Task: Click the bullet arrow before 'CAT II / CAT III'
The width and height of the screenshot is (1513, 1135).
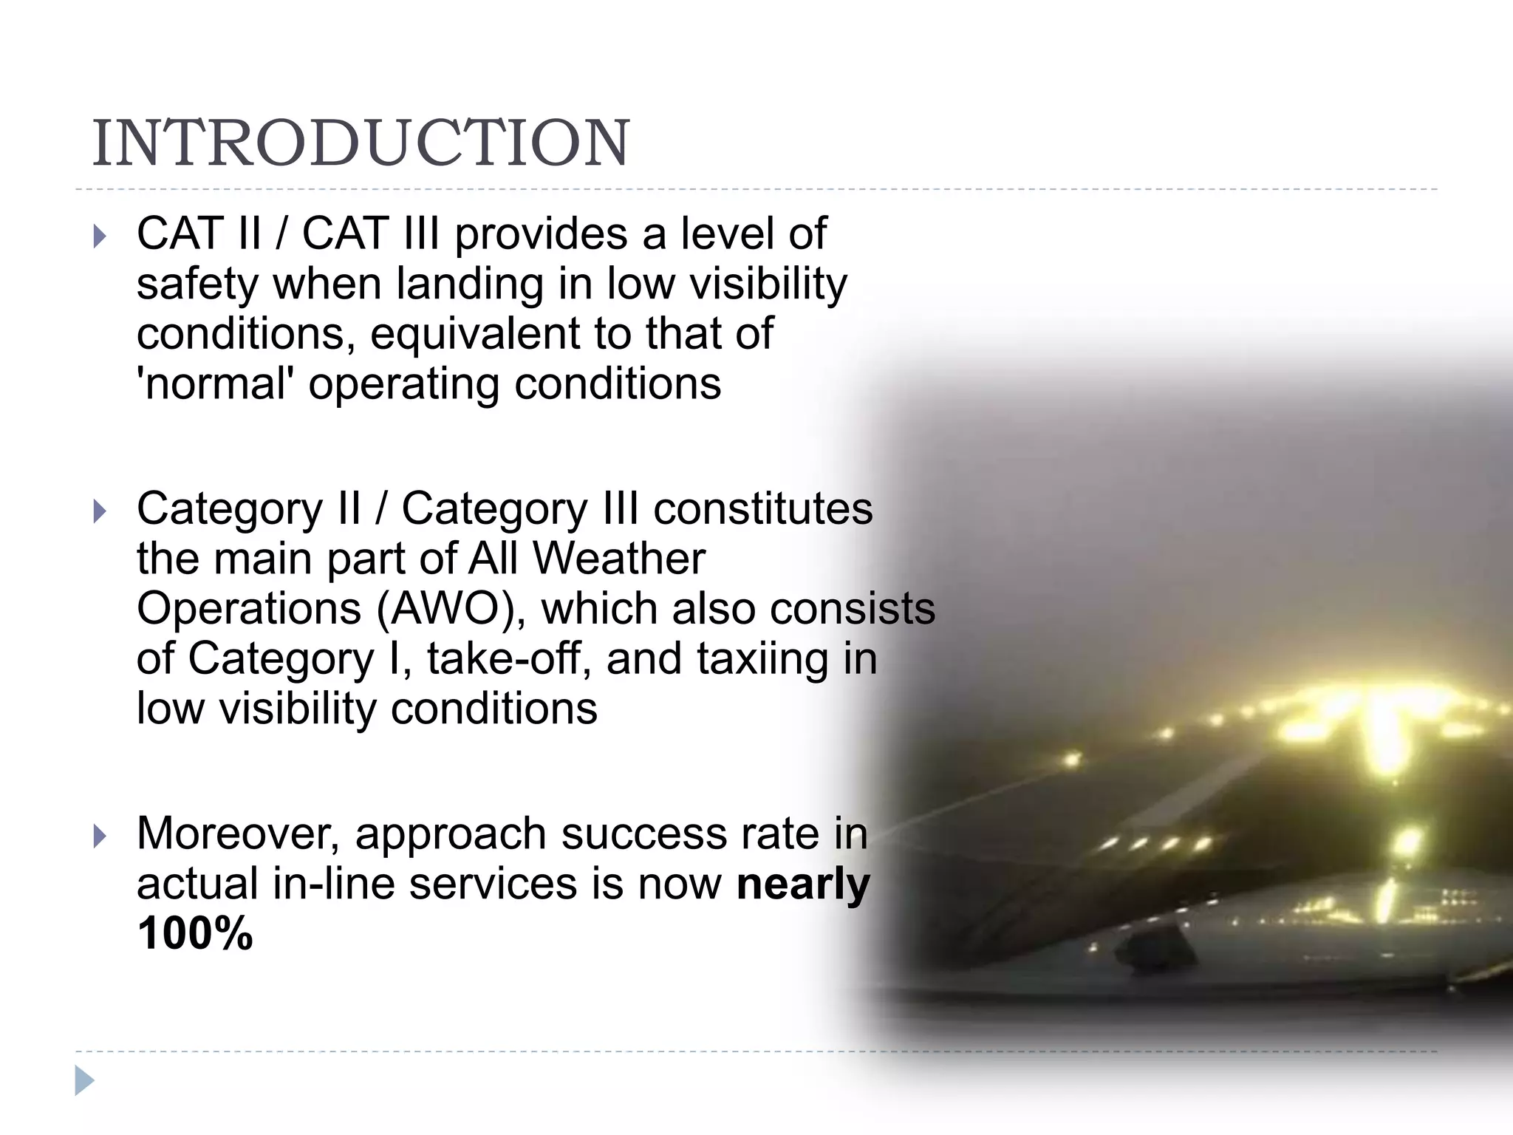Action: (x=100, y=236)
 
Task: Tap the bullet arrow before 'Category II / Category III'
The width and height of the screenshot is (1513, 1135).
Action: (x=100, y=511)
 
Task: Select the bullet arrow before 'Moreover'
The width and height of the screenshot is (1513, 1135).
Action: (x=100, y=836)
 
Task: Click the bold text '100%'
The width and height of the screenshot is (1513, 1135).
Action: (x=195, y=933)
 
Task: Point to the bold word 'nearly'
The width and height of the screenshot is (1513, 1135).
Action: (x=803, y=884)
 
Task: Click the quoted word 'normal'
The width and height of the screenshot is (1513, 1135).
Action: (x=215, y=384)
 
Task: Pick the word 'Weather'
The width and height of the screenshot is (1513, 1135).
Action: (x=618, y=559)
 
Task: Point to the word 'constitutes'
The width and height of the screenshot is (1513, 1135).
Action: (x=763, y=509)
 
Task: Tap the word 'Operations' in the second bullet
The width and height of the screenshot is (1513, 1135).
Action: (x=249, y=609)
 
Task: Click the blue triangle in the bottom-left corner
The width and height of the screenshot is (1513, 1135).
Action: (x=84, y=1080)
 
